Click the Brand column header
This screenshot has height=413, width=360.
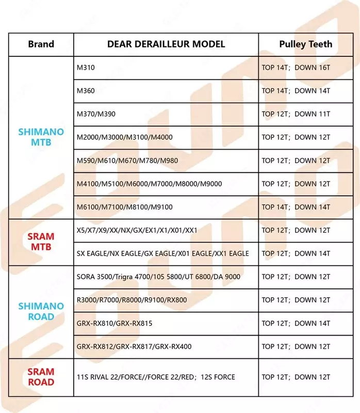[41, 44]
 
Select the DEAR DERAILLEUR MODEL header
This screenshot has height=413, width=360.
[166, 44]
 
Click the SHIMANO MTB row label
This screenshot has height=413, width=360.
[41, 137]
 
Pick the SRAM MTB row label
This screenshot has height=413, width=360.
[41, 242]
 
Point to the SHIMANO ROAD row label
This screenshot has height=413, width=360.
[41, 311]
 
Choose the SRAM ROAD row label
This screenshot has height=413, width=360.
[41, 377]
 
